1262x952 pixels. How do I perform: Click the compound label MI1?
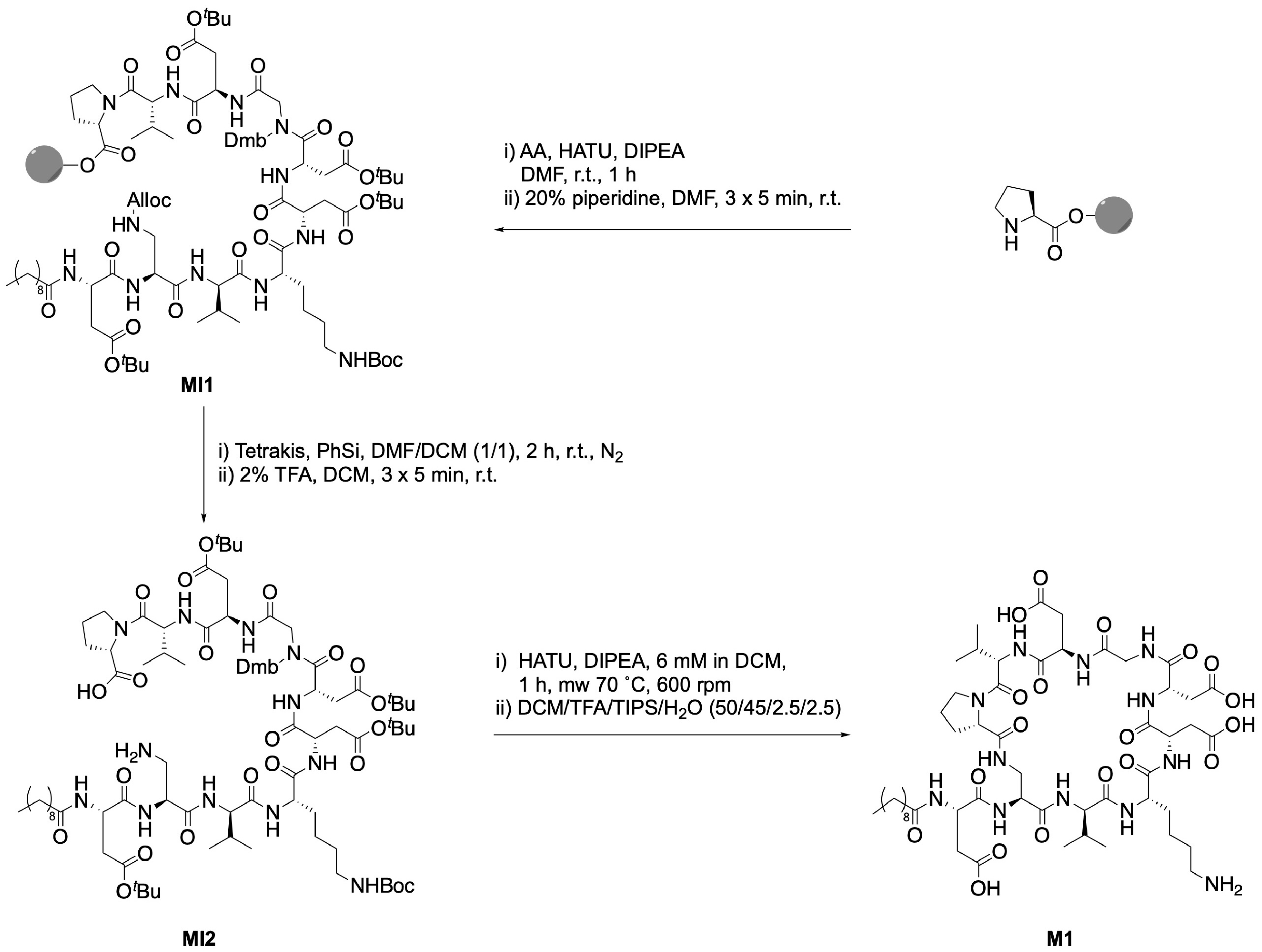click(x=197, y=386)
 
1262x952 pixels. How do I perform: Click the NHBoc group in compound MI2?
click(x=382, y=886)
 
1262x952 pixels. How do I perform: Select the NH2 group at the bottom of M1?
click(x=1223, y=886)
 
